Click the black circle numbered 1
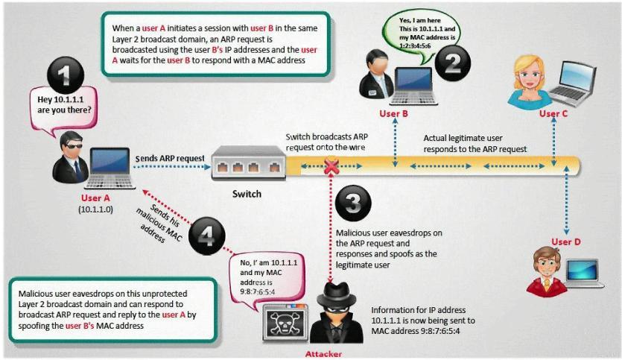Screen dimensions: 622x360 point(66,75)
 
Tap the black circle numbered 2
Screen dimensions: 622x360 point(453,63)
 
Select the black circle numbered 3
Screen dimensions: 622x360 point(353,203)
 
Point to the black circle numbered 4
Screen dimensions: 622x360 point(206,237)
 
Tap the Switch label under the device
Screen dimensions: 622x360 point(247,194)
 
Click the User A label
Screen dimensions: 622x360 point(95,198)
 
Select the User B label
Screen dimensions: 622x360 point(393,113)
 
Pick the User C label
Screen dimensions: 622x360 point(553,113)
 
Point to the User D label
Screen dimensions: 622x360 point(566,241)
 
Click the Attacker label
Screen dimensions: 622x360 point(323,354)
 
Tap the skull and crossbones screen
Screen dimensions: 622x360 point(285,323)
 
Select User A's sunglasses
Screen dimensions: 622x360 point(74,146)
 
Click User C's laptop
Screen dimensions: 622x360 point(572,84)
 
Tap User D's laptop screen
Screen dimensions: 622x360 point(582,270)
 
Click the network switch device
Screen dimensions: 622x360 point(249,163)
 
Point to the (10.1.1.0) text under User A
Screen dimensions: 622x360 point(95,209)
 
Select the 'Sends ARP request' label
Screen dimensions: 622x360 point(170,158)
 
